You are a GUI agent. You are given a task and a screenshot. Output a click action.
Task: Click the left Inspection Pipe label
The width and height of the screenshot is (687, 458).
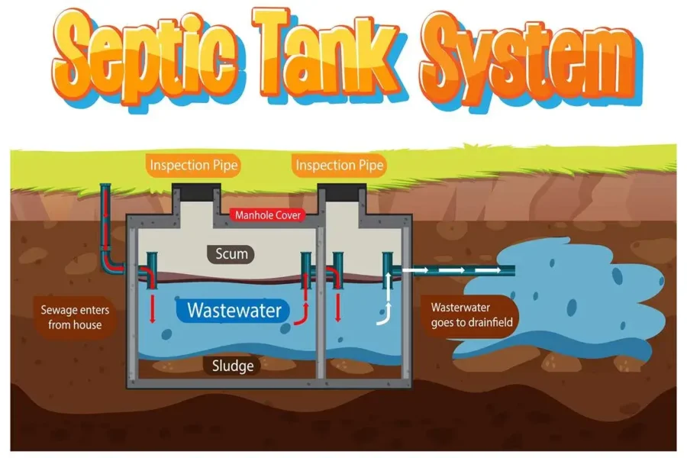[194, 165]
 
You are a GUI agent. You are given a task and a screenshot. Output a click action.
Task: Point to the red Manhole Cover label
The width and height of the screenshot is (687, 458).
[269, 215]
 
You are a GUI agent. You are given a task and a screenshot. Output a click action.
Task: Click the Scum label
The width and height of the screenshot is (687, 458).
[232, 254]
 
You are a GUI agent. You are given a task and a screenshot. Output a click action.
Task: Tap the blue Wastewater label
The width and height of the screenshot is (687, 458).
[234, 311]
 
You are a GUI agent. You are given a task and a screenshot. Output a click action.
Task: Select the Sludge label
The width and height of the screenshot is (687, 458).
[233, 366]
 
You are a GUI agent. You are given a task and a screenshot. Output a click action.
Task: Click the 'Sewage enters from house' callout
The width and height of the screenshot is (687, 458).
[71, 317]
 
